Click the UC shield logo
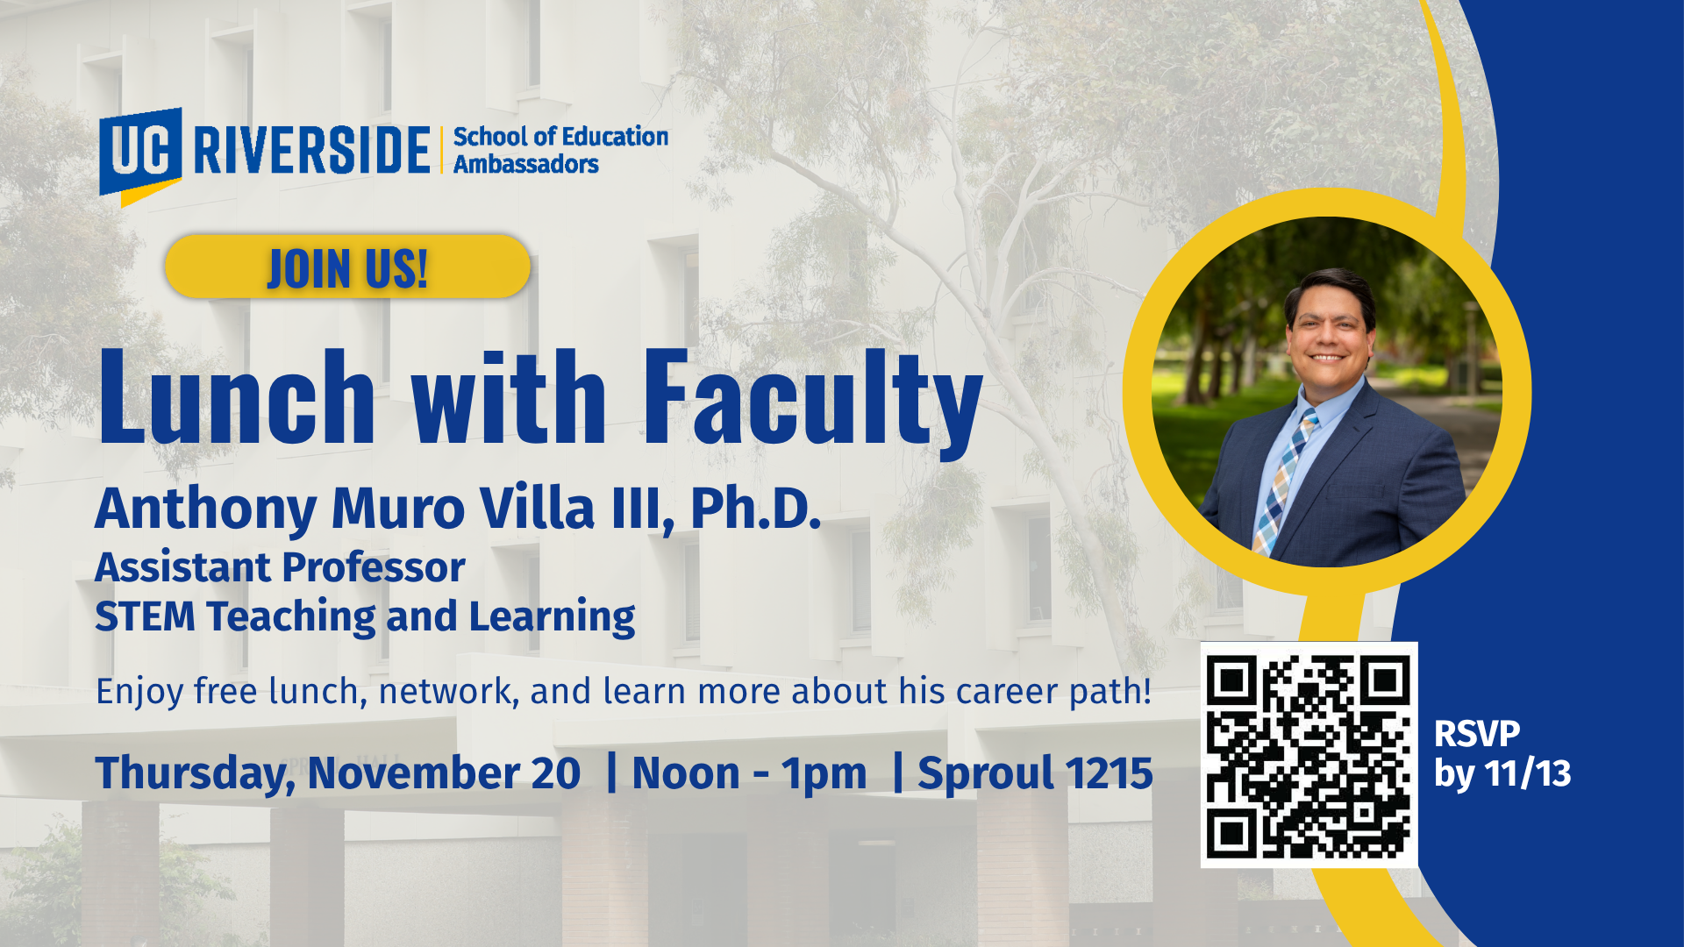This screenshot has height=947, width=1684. click(x=140, y=156)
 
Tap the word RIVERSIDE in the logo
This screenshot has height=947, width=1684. click(x=311, y=150)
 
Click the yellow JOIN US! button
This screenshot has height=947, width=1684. click(x=347, y=267)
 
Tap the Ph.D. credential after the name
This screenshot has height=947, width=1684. click(x=756, y=508)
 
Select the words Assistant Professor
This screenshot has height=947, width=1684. click(x=280, y=567)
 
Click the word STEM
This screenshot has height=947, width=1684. click(x=145, y=616)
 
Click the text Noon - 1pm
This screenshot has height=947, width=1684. click(x=749, y=774)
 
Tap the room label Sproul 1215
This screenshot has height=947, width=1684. click(x=1035, y=774)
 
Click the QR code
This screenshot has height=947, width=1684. click(x=1309, y=755)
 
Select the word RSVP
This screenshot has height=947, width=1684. click(x=1477, y=734)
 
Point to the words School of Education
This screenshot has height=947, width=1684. click(x=560, y=137)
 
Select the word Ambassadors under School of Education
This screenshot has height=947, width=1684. click(x=525, y=164)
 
